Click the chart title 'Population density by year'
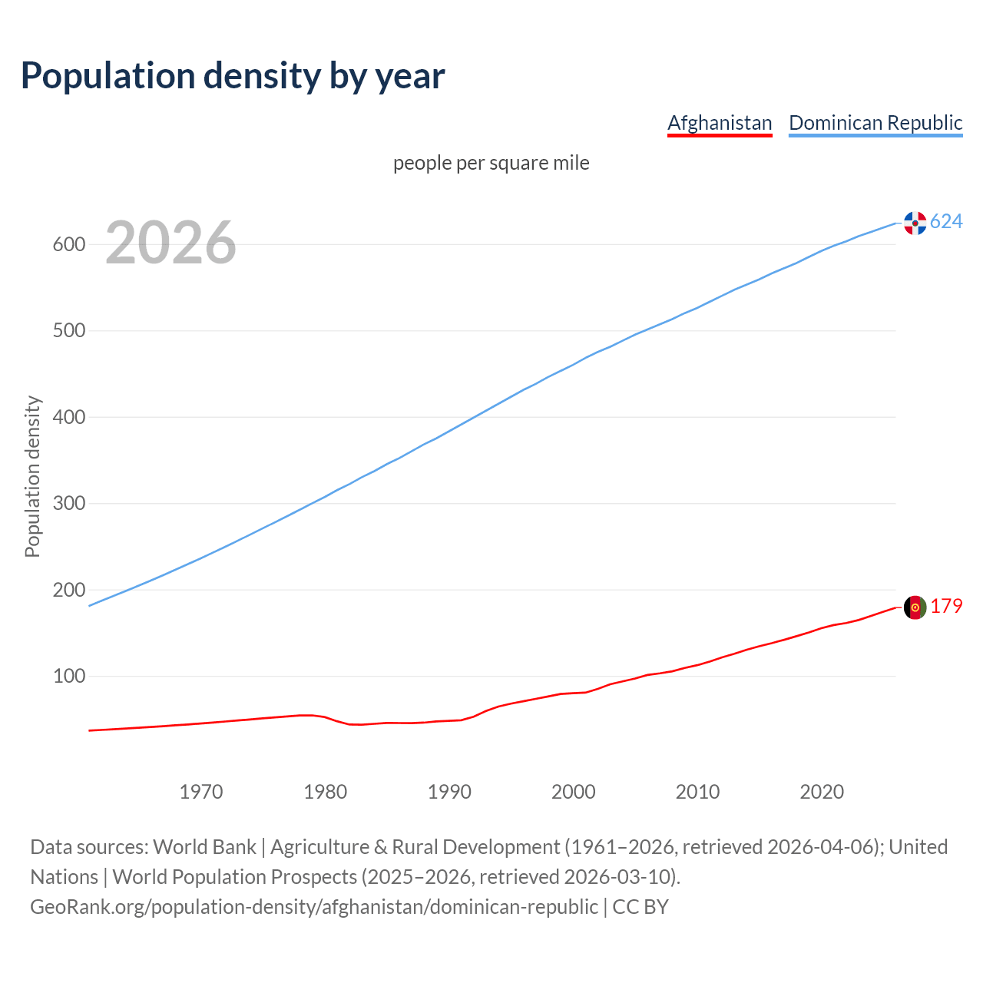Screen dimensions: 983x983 [x=233, y=76]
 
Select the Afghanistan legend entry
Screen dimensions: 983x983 [x=720, y=123]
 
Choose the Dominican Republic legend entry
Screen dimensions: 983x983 [x=875, y=123]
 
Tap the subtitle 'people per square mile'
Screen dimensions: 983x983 [x=491, y=163]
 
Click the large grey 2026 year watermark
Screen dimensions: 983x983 [x=170, y=243]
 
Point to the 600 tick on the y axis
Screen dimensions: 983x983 [x=68, y=244]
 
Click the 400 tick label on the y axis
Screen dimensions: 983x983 [x=68, y=417]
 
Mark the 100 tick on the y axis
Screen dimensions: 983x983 [x=68, y=677]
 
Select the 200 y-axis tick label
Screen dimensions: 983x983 [x=68, y=590]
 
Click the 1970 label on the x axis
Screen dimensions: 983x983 [x=201, y=792]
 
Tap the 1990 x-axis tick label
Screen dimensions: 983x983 [x=449, y=792]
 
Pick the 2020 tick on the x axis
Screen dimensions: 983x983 [x=822, y=792]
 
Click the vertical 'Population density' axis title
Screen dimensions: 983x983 [x=32, y=476]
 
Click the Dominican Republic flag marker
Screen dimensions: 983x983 [x=915, y=223]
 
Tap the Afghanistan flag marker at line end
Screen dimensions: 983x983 [x=915, y=607]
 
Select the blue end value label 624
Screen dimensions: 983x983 [x=946, y=222]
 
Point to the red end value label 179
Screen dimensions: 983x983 [x=946, y=607]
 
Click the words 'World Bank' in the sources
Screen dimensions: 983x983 [x=204, y=847]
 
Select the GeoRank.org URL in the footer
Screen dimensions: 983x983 [x=313, y=907]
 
